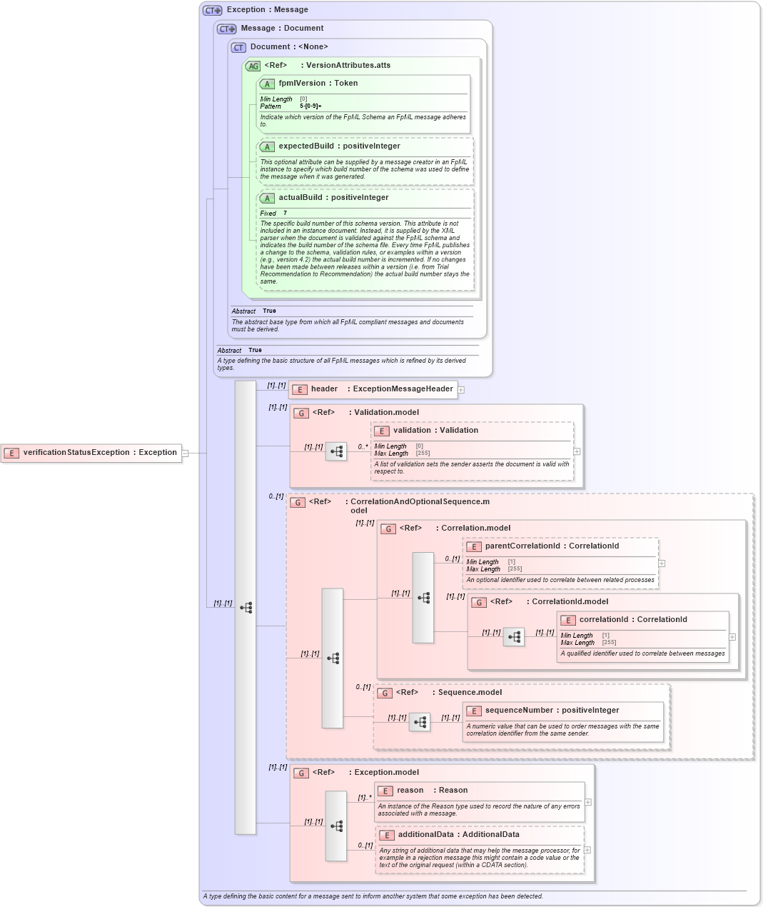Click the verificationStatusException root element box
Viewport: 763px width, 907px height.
click(x=91, y=453)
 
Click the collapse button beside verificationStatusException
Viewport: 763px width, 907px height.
click(x=185, y=453)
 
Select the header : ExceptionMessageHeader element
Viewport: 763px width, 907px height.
click(x=373, y=389)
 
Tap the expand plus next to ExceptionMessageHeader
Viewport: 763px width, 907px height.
click(x=461, y=390)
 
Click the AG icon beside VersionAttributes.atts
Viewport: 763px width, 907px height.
click(x=253, y=66)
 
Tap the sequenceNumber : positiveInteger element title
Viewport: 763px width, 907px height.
click(x=552, y=711)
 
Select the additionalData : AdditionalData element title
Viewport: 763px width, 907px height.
click(x=458, y=835)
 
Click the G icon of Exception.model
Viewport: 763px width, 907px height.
click(x=302, y=773)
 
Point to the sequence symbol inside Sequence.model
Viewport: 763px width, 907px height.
click(x=420, y=722)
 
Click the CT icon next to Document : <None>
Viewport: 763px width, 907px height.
click(x=238, y=47)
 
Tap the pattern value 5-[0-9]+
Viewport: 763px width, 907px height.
click(x=310, y=106)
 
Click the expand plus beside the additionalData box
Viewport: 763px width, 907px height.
click(x=587, y=850)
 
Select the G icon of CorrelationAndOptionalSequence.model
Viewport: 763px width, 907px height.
click(x=298, y=502)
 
